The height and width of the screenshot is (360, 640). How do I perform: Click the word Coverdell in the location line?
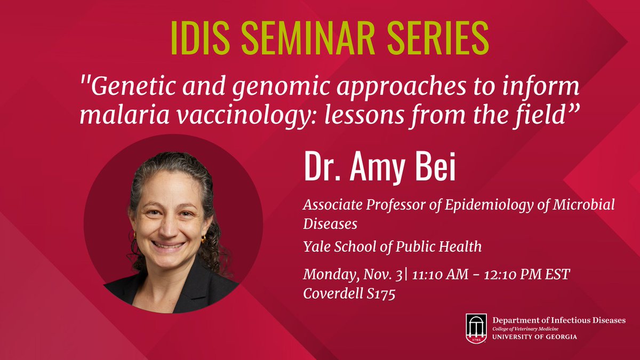pos(329,294)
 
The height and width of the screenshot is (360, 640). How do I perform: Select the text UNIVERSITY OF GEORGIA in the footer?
pos(534,338)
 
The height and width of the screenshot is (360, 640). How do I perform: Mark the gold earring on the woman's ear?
pos(203,239)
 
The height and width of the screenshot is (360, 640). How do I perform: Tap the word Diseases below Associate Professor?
pos(330,223)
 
